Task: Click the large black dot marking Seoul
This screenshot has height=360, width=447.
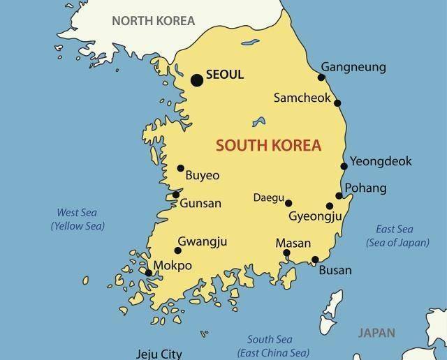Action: [197, 80]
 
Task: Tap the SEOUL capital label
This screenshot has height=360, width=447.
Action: [225, 75]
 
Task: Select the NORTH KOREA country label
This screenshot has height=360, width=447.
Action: [154, 20]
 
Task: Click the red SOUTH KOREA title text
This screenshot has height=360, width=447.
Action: [269, 146]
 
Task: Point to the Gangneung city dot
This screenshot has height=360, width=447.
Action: [323, 77]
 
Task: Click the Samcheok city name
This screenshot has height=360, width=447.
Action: [302, 98]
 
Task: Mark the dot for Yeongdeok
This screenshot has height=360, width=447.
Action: [344, 166]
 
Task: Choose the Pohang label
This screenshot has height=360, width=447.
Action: [366, 188]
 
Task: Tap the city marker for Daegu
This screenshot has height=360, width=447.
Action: [288, 203]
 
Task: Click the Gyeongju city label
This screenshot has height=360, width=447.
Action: [315, 217]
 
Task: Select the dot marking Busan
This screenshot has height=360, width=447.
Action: [315, 260]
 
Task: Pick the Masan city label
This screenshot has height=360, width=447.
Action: [293, 243]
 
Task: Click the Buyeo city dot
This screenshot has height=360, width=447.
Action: [180, 168]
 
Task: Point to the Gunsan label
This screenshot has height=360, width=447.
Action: [200, 204]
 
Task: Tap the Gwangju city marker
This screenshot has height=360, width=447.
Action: [178, 250]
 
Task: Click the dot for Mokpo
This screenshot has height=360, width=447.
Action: [149, 273]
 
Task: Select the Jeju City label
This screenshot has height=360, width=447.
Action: [158, 353]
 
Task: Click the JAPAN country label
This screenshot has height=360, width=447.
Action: [376, 333]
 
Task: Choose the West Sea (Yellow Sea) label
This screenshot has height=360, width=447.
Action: [77, 219]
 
